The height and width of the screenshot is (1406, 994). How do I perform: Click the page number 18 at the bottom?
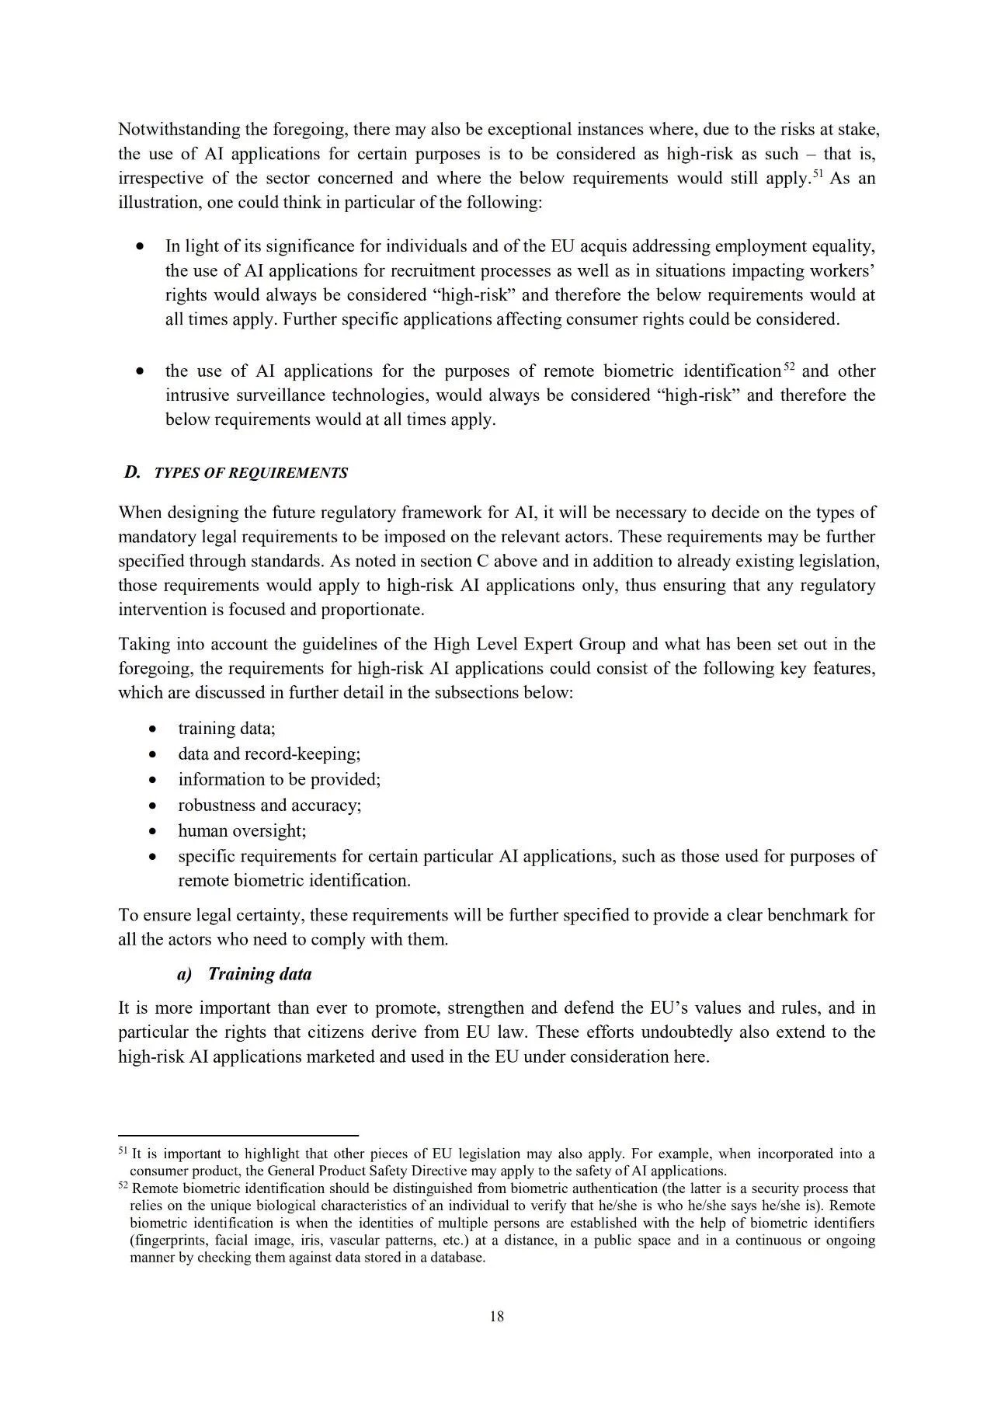pos(497,1316)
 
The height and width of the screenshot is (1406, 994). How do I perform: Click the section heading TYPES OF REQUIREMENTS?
pos(251,473)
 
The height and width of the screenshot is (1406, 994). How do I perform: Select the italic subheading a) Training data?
pos(245,973)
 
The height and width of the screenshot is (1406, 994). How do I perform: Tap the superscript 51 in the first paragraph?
pos(817,172)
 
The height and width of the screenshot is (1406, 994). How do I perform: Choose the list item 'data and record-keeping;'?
pos(269,753)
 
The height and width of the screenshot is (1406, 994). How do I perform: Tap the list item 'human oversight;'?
pos(242,830)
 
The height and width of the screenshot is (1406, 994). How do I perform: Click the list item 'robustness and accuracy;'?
pos(269,805)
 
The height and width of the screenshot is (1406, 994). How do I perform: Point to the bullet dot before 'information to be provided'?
pos(155,780)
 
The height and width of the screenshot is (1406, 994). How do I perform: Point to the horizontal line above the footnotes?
pos(238,1135)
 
